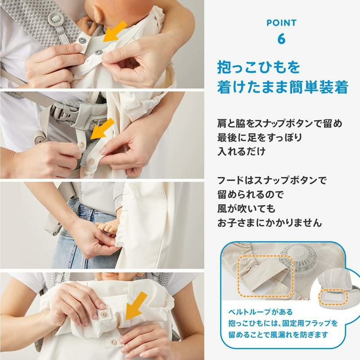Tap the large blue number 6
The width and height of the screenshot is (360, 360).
[281, 39]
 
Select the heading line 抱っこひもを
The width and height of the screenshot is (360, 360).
[258, 67]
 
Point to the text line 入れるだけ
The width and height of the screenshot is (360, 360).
[241, 151]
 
